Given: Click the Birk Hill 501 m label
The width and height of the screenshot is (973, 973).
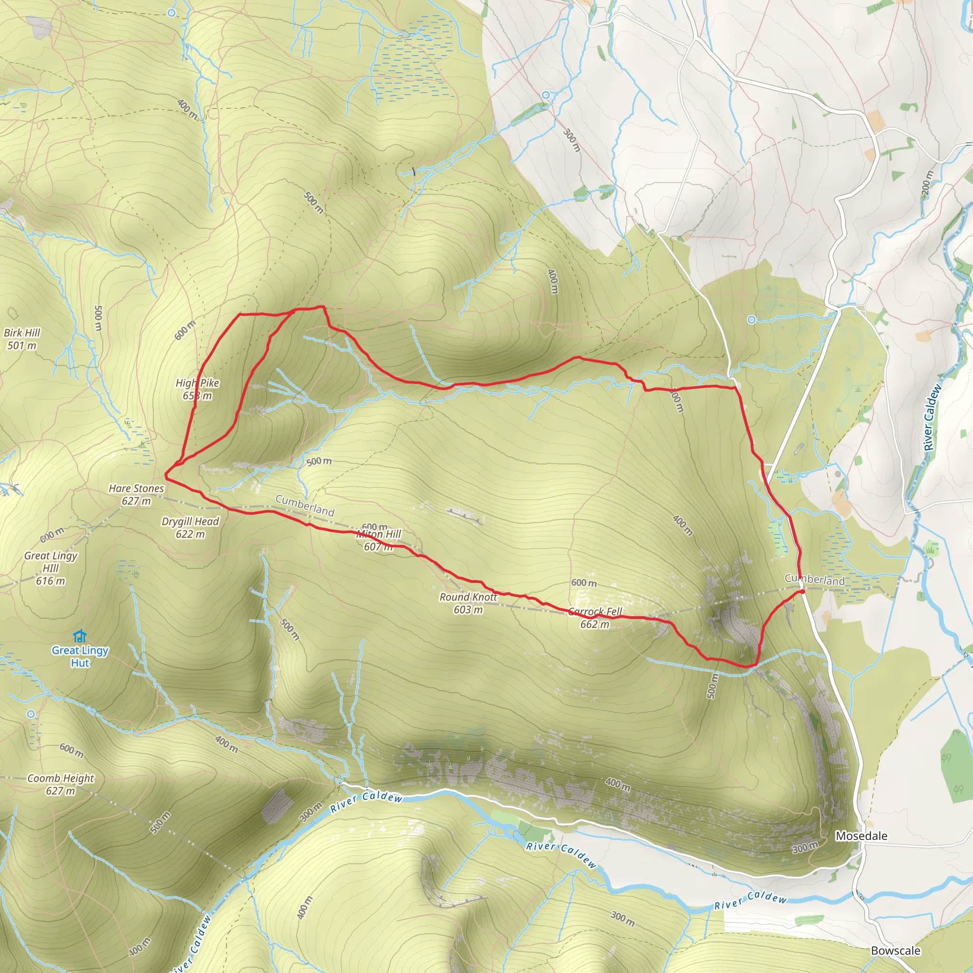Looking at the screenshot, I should click(22, 339).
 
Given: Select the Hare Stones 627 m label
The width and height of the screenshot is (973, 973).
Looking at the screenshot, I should click(136, 494).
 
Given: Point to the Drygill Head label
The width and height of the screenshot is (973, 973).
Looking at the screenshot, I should click(190, 527).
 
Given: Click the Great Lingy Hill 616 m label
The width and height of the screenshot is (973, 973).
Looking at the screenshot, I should click(50, 568).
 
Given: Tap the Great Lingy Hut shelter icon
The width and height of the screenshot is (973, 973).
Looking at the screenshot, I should click(79, 636).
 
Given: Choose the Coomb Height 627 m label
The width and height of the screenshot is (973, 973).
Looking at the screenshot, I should click(60, 784).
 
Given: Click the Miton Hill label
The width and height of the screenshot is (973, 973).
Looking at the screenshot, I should click(378, 540).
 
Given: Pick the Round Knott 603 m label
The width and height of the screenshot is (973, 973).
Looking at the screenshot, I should click(468, 603).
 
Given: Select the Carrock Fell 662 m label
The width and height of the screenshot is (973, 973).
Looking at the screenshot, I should click(595, 618).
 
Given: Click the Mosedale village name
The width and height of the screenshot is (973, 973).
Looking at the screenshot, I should click(861, 836).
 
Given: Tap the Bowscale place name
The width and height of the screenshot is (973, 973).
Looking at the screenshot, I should click(896, 950).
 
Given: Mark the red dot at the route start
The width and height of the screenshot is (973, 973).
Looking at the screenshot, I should click(801, 592).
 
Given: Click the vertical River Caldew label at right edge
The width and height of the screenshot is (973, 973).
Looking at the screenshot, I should click(932, 417).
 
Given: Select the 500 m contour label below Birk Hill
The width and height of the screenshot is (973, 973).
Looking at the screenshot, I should click(99, 318).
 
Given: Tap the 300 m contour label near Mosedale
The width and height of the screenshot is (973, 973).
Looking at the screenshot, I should click(805, 848).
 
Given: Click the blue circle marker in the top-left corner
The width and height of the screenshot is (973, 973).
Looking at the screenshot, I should click(172, 13).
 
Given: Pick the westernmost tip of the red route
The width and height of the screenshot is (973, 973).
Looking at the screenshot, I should click(166, 473).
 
